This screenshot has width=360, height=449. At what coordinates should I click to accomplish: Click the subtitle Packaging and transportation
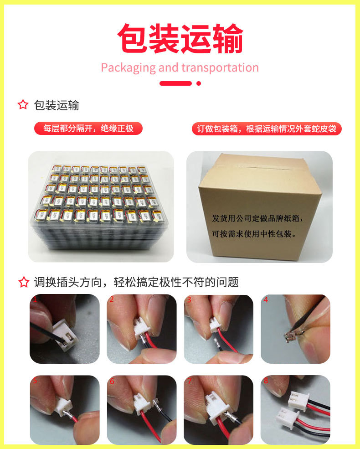click(180, 68)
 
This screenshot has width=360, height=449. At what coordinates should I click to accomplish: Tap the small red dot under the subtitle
click(198, 83)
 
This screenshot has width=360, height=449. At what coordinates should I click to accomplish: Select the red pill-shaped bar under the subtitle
click(175, 83)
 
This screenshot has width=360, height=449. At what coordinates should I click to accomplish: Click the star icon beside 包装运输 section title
click(23, 105)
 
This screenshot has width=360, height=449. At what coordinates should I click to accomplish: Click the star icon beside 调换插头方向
click(23, 282)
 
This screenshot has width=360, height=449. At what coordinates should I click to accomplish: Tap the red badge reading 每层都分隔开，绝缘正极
click(88, 129)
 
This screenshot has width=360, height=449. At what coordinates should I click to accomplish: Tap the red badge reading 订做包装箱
click(266, 129)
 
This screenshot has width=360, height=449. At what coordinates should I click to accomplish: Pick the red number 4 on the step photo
click(266, 299)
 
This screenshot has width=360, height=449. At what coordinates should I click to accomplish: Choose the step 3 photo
click(218, 329)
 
